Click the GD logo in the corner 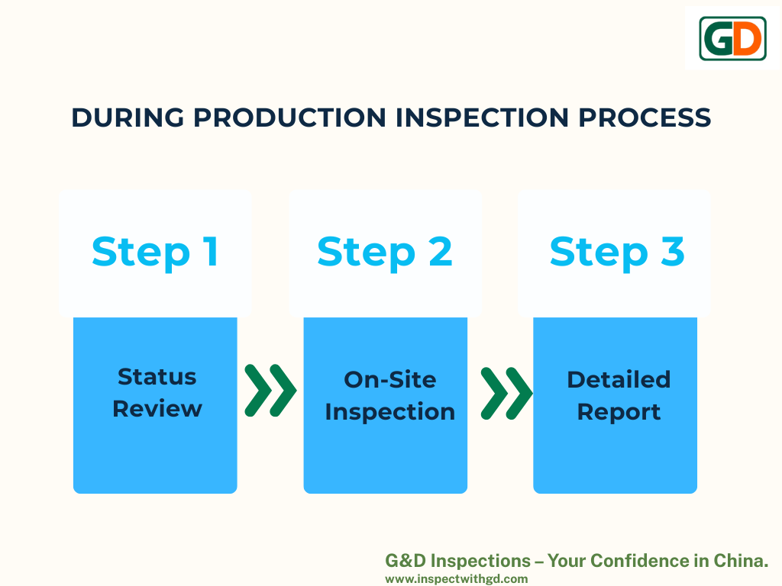(732, 38)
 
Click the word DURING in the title (128, 118)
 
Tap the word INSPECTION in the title (482, 118)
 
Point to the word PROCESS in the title (645, 118)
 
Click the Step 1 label (155, 253)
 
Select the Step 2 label (385, 253)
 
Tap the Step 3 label (617, 253)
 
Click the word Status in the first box (157, 377)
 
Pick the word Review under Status (157, 409)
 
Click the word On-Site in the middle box (390, 380)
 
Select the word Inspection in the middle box (390, 412)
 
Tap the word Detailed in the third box (619, 380)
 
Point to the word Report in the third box (619, 412)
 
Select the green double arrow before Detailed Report (507, 394)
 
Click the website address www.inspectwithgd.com (457, 579)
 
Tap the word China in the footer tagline (741, 561)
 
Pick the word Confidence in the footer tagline (640, 561)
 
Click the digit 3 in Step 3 (673, 251)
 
